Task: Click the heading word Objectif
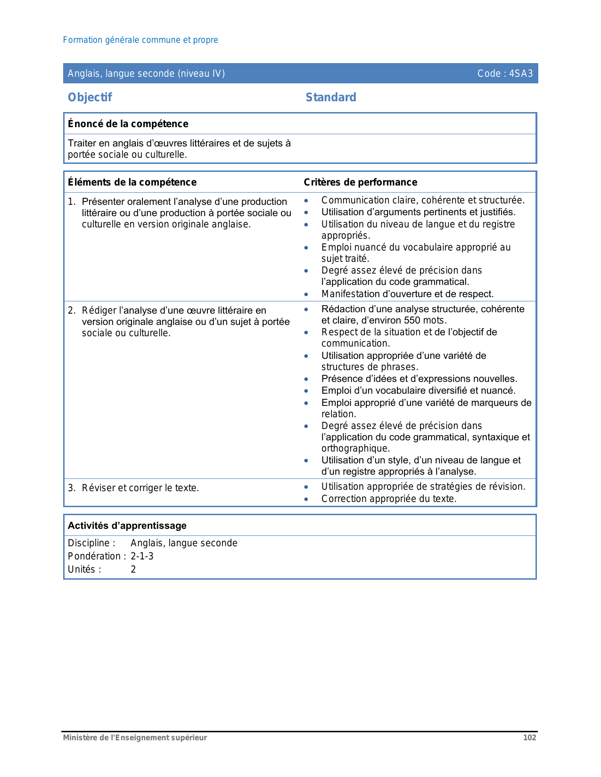(x=90, y=97)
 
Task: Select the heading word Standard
(x=331, y=97)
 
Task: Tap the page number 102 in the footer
(x=529, y=737)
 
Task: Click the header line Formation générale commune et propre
(x=140, y=40)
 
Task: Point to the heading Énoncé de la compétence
(x=128, y=124)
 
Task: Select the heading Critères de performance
(x=360, y=182)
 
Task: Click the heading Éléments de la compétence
(x=132, y=182)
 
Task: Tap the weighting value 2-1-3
(x=142, y=556)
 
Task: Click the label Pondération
(x=94, y=556)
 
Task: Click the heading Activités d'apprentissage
(x=127, y=526)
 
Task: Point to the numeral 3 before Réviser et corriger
(x=70, y=488)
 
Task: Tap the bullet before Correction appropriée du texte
(x=306, y=499)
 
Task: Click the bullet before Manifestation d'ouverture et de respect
(x=306, y=294)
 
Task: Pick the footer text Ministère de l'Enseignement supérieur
(x=135, y=737)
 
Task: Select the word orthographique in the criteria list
(x=355, y=448)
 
